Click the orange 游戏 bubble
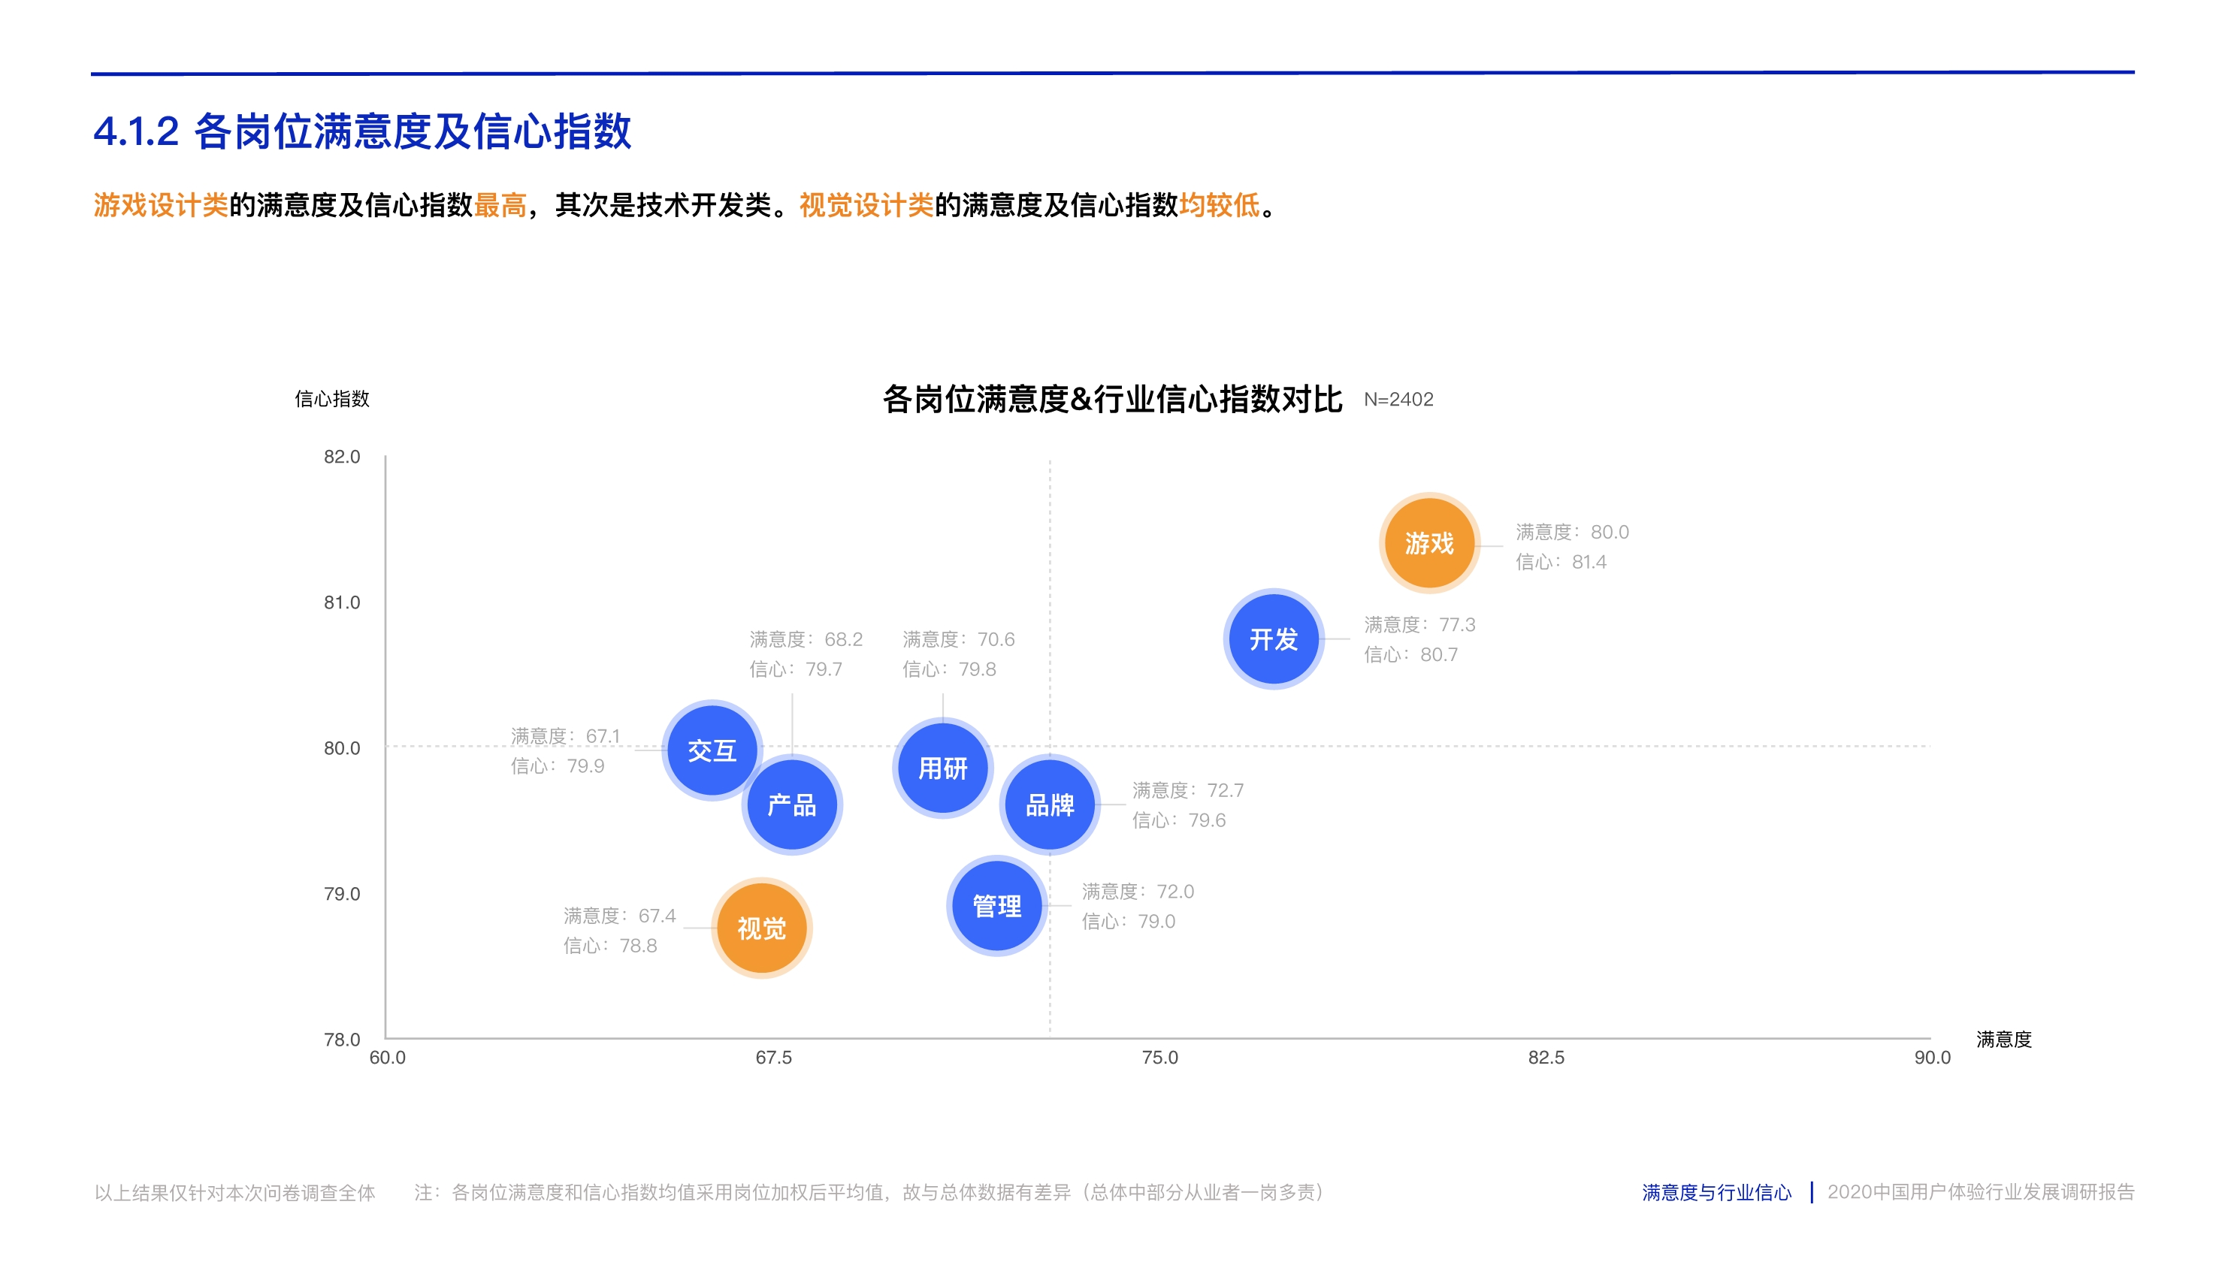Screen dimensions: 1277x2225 [x=1429, y=543]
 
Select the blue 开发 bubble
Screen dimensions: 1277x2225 [x=1273, y=638]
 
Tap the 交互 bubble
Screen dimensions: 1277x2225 [x=712, y=750]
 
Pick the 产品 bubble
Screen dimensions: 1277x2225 [x=791, y=805]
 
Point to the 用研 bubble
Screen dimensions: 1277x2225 [x=942, y=768]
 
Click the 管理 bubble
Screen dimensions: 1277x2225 [x=996, y=905]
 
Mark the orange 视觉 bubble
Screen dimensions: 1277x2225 [x=760, y=928]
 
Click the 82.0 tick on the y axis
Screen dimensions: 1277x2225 [x=341, y=457]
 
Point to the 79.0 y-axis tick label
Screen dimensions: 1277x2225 [x=341, y=894]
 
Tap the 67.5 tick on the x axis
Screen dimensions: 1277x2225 [x=773, y=1058]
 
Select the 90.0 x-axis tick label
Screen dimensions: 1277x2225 [x=1932, y=1058]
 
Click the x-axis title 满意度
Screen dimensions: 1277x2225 [x=2004, y=1040]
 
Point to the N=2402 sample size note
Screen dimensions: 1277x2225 [x=1398, y=400]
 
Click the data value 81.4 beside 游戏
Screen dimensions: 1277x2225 [x=1589, y=562]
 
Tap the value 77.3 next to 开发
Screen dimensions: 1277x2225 [x=1457, y=625]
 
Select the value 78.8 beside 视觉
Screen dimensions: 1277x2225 [x=638, y=946]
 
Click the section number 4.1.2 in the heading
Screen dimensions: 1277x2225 [x=136, y=131]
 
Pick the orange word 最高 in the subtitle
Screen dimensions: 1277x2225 [x=500, y=205]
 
